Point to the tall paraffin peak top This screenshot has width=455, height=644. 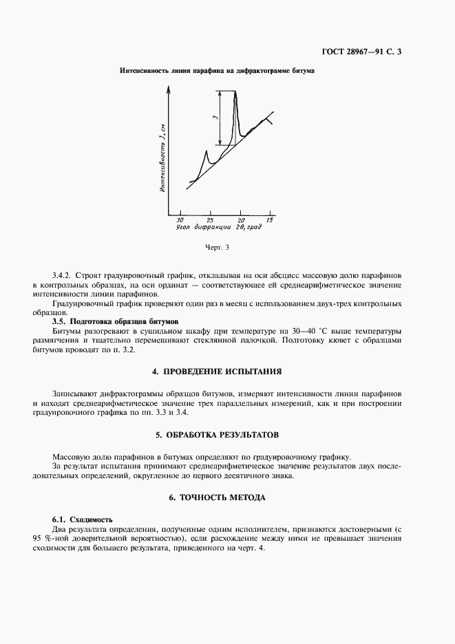coord(236,92)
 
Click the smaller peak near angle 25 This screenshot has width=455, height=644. coord(207,150)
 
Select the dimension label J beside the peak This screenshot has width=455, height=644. coord(216,119)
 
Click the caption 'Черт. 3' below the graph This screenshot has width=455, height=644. coord(217,247)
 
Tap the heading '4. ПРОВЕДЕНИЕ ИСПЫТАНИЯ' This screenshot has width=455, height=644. coord(227,372)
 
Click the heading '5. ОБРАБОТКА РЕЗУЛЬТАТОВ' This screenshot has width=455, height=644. coord(227,435)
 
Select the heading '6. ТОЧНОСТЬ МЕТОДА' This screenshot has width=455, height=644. coord(227,497)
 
